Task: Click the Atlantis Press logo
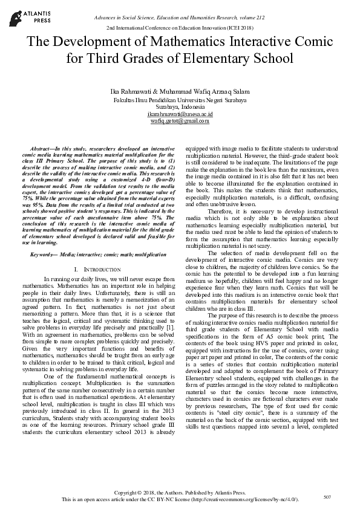(x=21, y=15)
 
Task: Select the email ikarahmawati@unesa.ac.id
(x=180, y=114)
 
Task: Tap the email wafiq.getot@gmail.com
(x=180, y=121)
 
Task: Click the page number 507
(x=327, y=497)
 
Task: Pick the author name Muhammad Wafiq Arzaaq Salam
(x=198, y=91)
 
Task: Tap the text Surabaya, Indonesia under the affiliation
(x=180, y=106)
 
